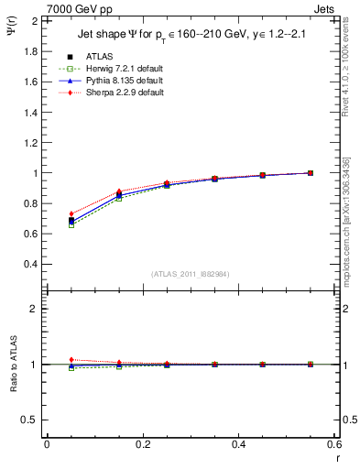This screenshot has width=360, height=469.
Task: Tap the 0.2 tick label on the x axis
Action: coord(142,444)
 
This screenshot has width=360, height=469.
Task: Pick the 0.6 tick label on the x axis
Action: coord(334,444)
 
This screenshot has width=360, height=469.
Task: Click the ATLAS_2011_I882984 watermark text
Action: coord(190,274)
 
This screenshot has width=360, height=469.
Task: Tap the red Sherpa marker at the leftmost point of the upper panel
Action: coord(71,213)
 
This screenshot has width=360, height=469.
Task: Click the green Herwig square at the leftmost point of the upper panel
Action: coord(71,225)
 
